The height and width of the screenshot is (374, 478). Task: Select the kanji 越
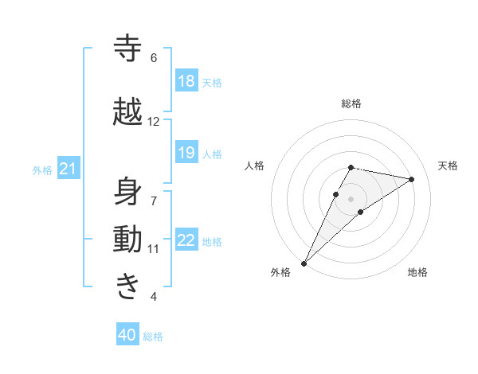pyautogui.click(x=128, y=112)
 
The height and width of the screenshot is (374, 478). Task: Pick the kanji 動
pyautogui.click(x=128, y=240)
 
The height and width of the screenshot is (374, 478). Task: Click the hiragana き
pyautogui.click(x=128, y=286)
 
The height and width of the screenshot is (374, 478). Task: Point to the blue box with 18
pyautogui.click(x=186, y=81)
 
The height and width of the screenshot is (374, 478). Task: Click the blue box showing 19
pyautogui.click(x=186, y=153)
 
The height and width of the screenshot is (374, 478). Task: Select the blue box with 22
pyautogui.click(x=186, y=240)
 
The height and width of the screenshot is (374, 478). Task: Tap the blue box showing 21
pyautogui.click(x=69, y=169)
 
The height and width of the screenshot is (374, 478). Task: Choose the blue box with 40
pyautogui.click(x=127, y=336)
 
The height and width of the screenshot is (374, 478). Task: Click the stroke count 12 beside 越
pyautogui.click(x=153, y=122)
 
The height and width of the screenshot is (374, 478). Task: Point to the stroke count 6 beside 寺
pyautogui.click(x=153, y=58)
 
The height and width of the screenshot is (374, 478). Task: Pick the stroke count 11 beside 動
pyautogui.click(x=153, y=249)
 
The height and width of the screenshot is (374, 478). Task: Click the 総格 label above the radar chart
pyautogui.click(x=351, y=103)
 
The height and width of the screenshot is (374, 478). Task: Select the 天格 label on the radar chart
pyautogui.click(x=449, y=166)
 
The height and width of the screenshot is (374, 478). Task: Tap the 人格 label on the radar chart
pyautogui.click(x=254, y=166)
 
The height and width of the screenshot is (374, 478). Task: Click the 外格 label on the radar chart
pyautogui.click(x=280, y=272)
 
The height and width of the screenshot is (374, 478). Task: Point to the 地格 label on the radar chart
pyautogui.click(x=417, y=272)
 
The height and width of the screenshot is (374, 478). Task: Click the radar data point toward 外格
pyautogui.click(x=304, y=263)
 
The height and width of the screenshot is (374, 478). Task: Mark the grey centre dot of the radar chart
pyautogui.click(x=351, y=198)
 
